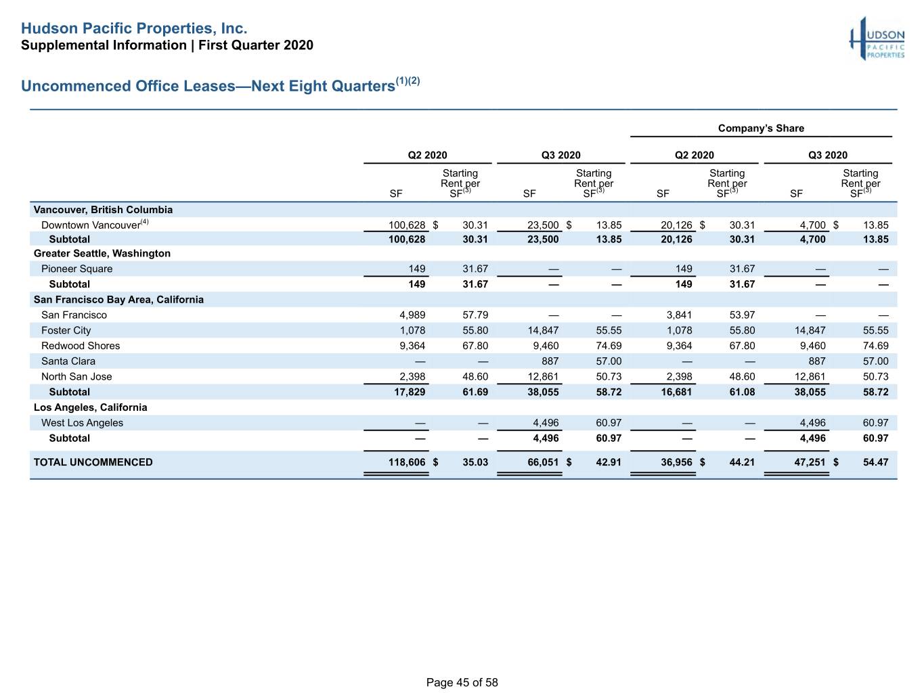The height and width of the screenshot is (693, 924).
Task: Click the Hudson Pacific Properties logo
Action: (x=877, y=39)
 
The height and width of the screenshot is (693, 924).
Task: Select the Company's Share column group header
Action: (x=761, y=129)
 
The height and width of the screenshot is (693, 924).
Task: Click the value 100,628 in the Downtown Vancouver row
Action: (x=407, y=225)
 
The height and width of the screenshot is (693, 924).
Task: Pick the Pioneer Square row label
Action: (x=76, y=269)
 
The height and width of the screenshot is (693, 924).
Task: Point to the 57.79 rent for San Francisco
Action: (x=475, y=315)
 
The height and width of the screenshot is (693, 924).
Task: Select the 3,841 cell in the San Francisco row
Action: (x=679, y=315)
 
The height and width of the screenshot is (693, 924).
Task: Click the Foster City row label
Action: (x=66, y=330)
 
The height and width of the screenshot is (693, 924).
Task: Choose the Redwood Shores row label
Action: (x=81, y=346)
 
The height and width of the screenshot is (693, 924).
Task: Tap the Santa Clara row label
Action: (x=68, y=361)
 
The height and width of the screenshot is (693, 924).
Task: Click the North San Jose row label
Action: (x=76, y=376)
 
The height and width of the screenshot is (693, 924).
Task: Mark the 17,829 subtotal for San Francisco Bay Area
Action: (x=409, y=392)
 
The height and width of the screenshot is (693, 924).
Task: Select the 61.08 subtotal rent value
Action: (x=742, y=392)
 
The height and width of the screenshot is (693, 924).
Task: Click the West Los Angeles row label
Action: (x=82, y=423)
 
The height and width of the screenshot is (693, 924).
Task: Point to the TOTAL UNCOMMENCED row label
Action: (x=93, y=462)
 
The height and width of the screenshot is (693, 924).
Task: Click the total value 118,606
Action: (x=407, y=462)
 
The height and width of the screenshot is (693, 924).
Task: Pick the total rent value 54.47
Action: (x=875, y=462)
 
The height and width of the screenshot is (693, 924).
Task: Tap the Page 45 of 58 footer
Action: (x=462, y=682)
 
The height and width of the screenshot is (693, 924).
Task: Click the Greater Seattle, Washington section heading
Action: (x=102, y=253)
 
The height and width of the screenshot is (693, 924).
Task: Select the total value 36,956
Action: (x=676, y=462)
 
